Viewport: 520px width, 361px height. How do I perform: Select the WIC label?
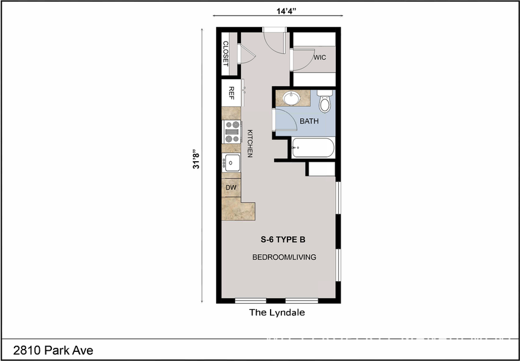(x=319, y=58)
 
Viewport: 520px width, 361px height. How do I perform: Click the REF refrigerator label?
(x=231, y=92)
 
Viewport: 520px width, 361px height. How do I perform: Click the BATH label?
(x=309, y=121)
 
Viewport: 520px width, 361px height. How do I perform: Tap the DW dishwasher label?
(x=230, y=188)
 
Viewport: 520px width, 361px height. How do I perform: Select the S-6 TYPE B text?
(x=283, y=239)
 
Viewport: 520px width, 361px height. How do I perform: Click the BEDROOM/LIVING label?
(x=284, y=257)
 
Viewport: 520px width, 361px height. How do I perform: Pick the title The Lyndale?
(x=277, y=313)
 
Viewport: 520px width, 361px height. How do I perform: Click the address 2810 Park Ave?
(x=53, y=350)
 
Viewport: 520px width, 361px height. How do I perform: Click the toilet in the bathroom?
(x=326, y=101)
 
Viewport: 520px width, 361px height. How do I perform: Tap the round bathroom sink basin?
(x=293, y=98)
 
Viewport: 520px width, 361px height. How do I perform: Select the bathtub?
(x=312, y=148)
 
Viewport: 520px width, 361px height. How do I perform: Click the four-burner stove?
(x=232, y=128)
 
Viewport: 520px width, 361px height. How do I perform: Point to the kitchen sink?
(x=232, y=162)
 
